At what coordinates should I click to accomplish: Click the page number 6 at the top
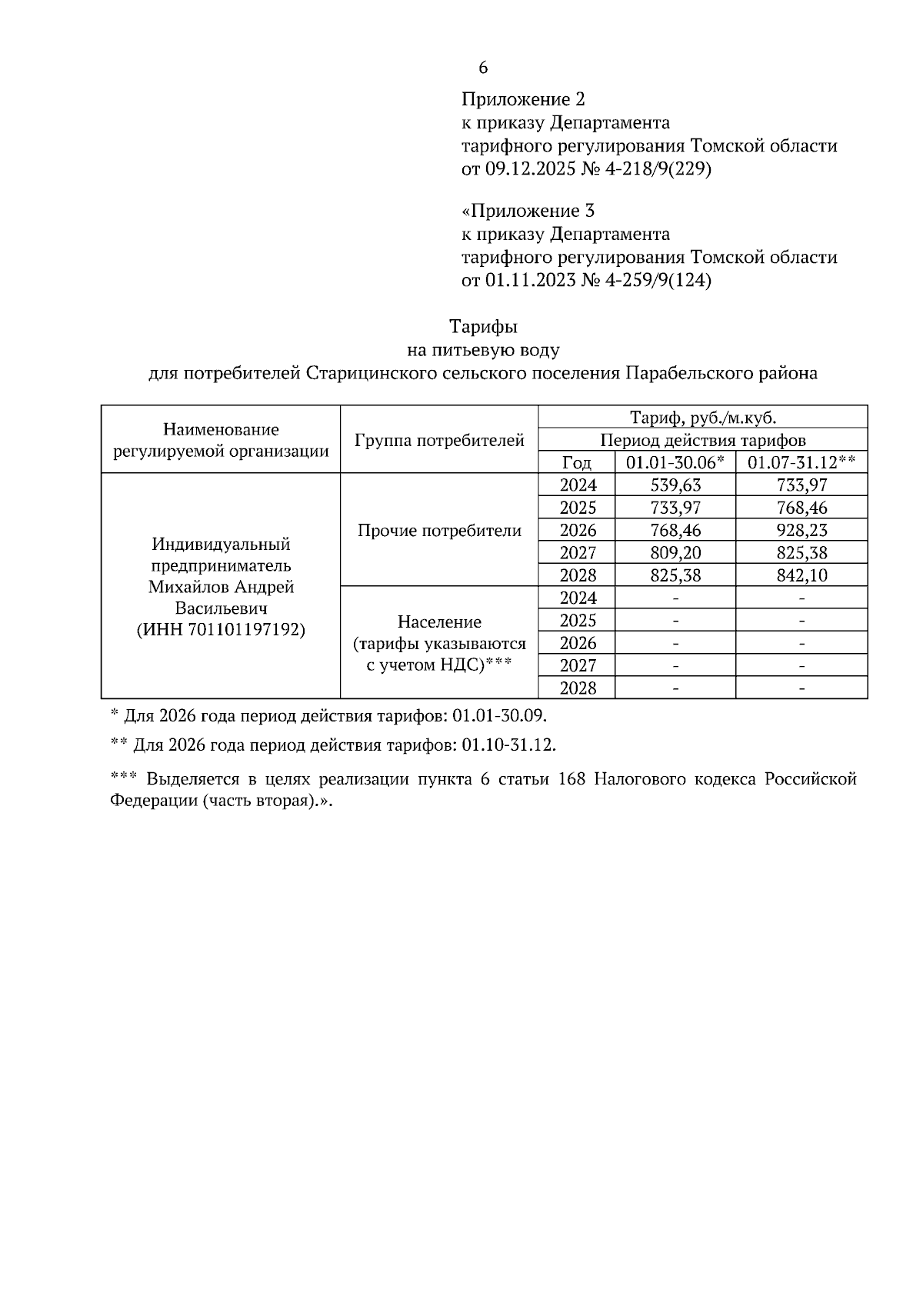point(483,68)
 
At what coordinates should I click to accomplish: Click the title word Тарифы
point(483,327)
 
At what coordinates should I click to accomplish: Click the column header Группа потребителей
point(439,441)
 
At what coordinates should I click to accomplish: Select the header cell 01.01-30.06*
point(675,463)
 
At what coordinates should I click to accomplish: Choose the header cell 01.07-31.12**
point(801,463)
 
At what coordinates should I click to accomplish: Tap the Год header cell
point(577,463)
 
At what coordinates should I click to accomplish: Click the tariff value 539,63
point(675,485)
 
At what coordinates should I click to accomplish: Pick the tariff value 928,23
point(801,530)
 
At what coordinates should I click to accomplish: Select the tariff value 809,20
point(675,553)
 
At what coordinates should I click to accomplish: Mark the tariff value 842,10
point(801,575)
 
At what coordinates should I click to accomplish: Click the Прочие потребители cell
point(439,530)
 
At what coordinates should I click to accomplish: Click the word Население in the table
point(439,621)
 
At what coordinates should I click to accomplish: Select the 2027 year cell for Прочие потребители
point(578,553)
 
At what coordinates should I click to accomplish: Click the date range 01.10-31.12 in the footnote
point(506,745)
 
